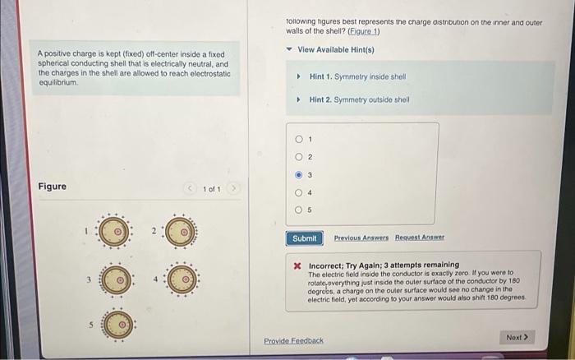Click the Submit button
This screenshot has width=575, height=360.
pyautogui.click(x=306, y=238)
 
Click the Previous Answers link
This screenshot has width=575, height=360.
pyautogui.click(x=360, y=238)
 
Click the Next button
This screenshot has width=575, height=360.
pyautogui.click(x=517, y=337)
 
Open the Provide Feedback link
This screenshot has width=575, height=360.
pyautogui.click(x=293, y=340)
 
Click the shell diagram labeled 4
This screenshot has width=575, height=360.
pyautogui.click(x=184, y=279)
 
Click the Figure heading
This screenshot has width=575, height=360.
pyautogui.click(x=53, y=187)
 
